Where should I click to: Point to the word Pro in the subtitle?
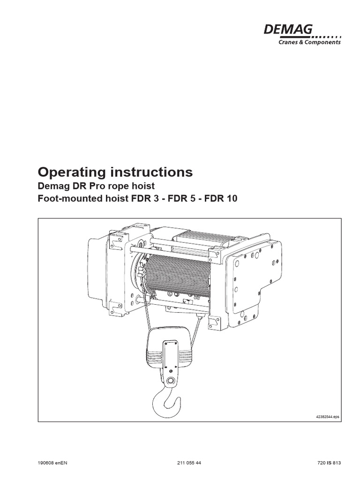click(x=91, y=186)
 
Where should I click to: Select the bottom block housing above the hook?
click(x=169, y=349)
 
